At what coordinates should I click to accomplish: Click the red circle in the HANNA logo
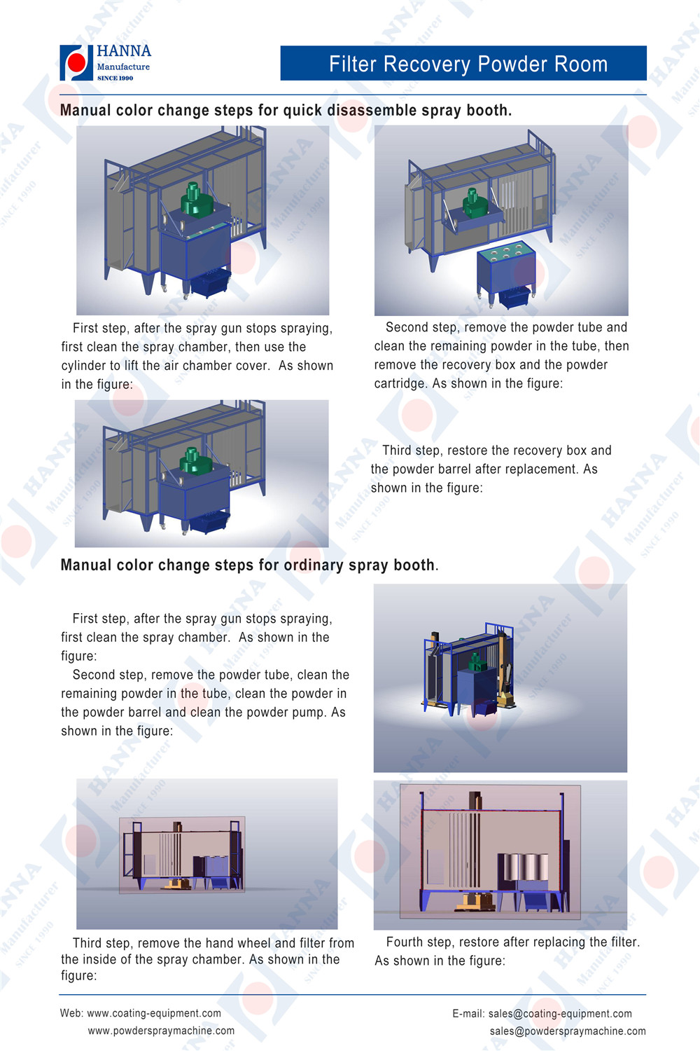pos(76,63)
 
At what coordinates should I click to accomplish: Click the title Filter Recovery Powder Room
pos(468,64)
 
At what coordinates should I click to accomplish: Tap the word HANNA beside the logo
pos(124,51)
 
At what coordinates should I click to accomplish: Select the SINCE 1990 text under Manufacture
pos(115,78)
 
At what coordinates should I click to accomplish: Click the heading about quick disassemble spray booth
pos(286,111)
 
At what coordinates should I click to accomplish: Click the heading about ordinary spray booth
pos(248,565)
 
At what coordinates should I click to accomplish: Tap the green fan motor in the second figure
pos(475,204)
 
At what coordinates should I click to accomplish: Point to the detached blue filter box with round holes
pos(505,270)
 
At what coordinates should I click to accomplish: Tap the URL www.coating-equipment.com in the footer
pos(154,1013)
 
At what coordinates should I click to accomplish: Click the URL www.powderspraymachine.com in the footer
pos(161,1031)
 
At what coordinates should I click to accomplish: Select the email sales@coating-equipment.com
pos(560,1014)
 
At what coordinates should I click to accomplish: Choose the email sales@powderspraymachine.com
pos(568,1031)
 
